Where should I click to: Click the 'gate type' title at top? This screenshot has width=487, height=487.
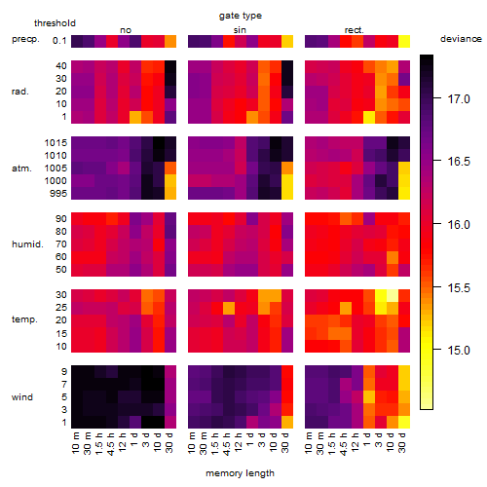click(x=241, y=16)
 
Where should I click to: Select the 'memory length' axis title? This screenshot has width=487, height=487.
click(x=240, y=473)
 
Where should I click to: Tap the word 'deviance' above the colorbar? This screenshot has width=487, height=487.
click(x=461, y=39)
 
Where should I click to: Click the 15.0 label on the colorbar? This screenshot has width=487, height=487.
click(x=459, y=351)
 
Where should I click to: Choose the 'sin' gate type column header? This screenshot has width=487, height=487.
click(x=240, y=30)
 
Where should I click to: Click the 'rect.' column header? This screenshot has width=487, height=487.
click(x=354, y=30)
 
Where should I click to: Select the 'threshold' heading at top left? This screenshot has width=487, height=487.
click(x=55, y=23)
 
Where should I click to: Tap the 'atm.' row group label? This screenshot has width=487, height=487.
click(x=21, y=169)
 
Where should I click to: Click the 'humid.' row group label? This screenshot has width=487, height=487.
click(x=27, y=244)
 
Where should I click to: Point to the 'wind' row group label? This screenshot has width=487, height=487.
click(x=22, y=397)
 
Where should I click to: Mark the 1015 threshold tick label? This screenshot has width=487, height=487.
click(x=56, y=143)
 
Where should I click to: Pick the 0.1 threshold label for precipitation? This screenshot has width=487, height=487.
click(x=59, y=41)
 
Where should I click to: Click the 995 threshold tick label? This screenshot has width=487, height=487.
click(x=58, y=194)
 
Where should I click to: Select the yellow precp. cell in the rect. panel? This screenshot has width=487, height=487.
click(x=404, y=41)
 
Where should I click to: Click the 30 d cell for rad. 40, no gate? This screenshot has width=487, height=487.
click(x=170, y=66)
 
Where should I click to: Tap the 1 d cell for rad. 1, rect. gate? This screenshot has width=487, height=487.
click(x=369, y=117)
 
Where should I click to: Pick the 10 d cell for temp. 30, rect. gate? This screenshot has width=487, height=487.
click(x=393, y=295)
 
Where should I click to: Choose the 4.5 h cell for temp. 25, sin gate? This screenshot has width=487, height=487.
click(x=229, y=308)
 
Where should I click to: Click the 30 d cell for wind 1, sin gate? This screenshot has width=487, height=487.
click(x=287, y=422)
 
